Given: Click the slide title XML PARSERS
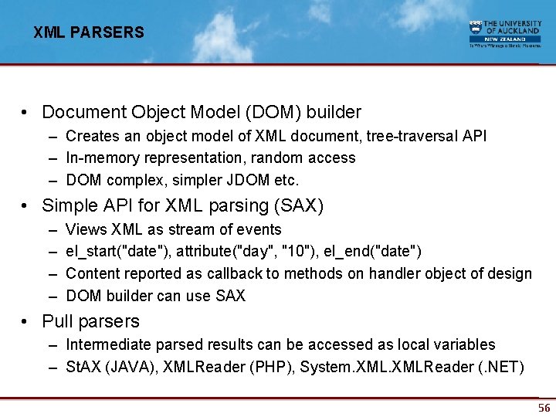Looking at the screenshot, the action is click(x=89, y=32).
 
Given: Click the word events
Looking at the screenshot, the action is click(x=259, y=229).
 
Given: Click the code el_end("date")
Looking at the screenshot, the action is click(x=375, y=252).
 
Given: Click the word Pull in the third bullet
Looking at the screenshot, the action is click(x=58, y=321).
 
